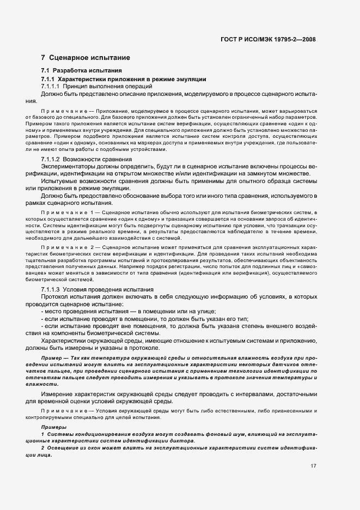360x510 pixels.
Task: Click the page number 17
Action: pyautogui.click(x=313, y=466)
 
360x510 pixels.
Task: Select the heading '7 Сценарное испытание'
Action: pyautogui.click(x=86, y=57)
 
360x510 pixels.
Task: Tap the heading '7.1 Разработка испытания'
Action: pyautogui.click(x=82, y=71)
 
